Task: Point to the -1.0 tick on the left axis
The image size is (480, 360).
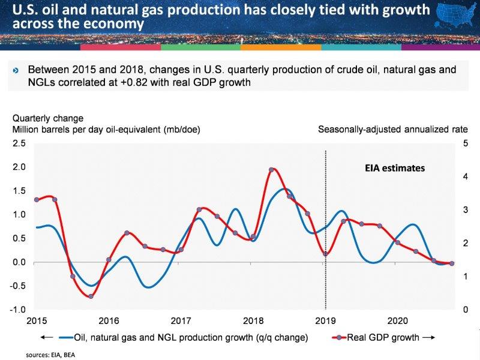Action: tap(17, 310)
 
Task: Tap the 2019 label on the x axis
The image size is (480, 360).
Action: tap(325, 320)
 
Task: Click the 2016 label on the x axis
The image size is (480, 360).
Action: tap(108, 320)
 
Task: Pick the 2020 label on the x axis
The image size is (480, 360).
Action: tap(398, 320)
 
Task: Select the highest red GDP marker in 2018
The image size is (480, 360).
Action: tap(271, 170)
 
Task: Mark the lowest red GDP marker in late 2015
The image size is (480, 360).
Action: tap(91, 296)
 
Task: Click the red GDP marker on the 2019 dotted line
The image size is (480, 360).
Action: tap(325, 254)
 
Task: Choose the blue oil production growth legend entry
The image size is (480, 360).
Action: tap(190, 337)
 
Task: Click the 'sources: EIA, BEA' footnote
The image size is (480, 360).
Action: tap(50, 355)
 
